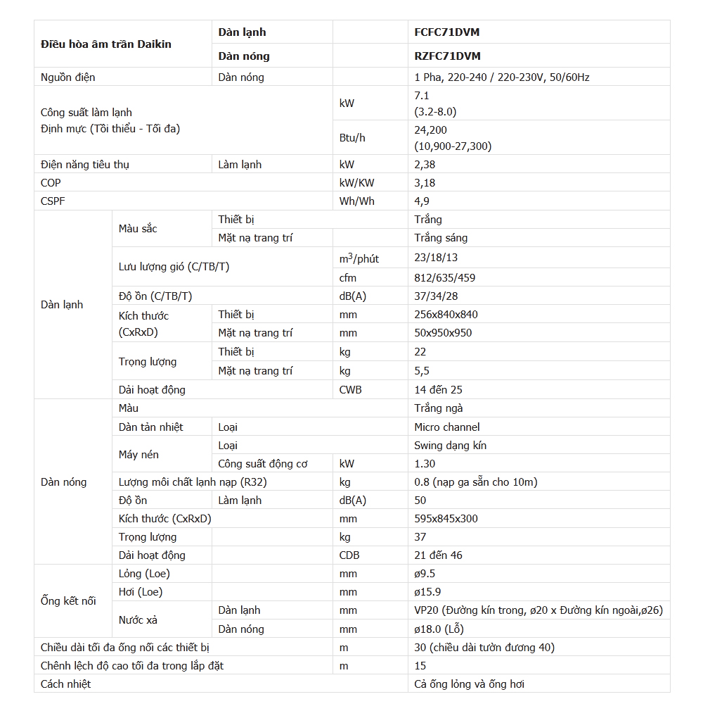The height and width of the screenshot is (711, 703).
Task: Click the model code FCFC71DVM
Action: point(447,32)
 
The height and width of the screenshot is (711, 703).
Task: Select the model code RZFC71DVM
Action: point(448,56)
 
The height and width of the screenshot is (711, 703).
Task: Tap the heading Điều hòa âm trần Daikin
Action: point(106,44)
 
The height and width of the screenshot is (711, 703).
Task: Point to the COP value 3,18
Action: point(425,183)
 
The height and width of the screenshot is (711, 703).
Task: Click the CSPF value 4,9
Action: point(422,201)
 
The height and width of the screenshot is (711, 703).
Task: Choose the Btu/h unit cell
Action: point(352,138)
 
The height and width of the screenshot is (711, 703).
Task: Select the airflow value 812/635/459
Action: point(445,278)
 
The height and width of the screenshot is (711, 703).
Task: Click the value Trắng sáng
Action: point(441,238)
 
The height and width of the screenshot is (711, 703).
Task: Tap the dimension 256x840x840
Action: point(446,315)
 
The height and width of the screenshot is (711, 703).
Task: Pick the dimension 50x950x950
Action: point(443,333)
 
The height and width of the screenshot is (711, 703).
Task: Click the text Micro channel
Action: point(447,427)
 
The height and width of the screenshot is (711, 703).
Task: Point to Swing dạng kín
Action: point(451,446)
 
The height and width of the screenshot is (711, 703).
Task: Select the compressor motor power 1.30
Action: point(425,464)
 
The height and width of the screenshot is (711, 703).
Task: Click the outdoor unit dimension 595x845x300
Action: point(446,519)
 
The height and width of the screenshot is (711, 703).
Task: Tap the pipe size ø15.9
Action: point(428,592)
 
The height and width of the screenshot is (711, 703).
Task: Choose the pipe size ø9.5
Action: point(425,574)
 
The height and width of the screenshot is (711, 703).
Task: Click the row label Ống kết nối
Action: point(68,601)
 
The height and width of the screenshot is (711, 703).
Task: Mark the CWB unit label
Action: point(351,390)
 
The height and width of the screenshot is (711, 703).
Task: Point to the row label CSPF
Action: point(53,201)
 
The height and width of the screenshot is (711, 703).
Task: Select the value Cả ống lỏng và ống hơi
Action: point(469,684)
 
